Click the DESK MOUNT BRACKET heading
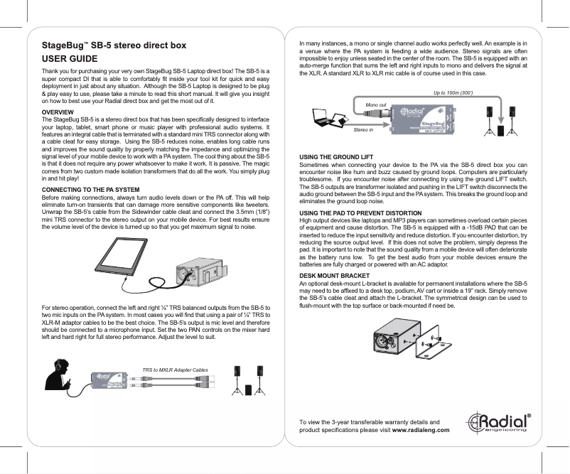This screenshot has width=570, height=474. click(x=335, y=275)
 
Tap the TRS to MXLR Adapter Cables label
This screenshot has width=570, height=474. click(x=175, y=370)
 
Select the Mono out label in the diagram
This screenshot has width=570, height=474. click(x=375, y=104)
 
